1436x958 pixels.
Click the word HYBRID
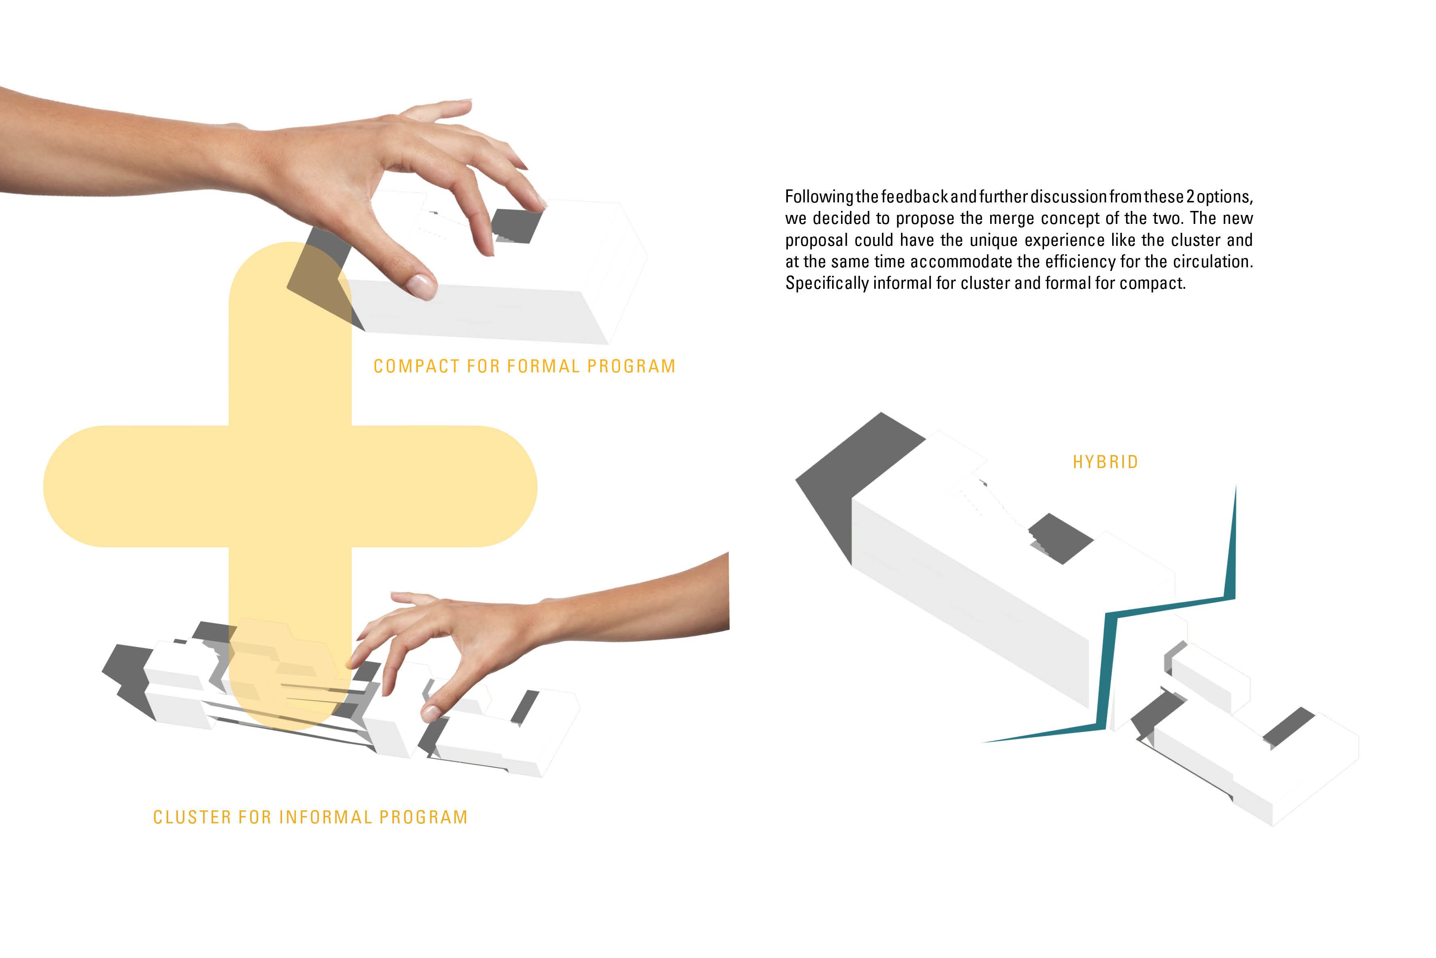pos(1105,462)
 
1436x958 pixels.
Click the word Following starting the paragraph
pos(819,198)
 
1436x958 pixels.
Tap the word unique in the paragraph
pos(993,240)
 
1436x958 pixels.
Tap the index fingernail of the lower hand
pos(430,712)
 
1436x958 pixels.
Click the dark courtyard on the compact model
pos(518,226)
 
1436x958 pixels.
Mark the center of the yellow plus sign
pos(290,486)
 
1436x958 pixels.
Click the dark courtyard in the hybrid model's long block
pos(1061,538)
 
